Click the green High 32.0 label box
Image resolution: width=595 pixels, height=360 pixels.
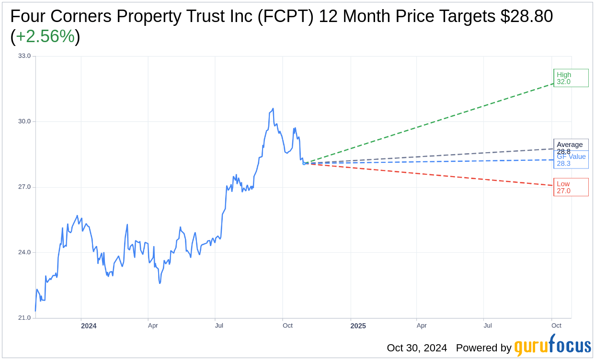tap(571, 78)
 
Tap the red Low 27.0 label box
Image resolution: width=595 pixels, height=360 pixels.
tap(571, 187)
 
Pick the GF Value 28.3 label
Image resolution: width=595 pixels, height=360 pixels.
tap(571, 160)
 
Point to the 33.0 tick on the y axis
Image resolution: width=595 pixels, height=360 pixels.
tap(24, 56)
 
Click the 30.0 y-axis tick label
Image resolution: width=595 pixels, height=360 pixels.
tap(24, 122)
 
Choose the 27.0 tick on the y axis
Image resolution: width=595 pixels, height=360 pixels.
tap(24, 187)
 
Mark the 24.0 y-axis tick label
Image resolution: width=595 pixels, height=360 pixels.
tap(24, 253)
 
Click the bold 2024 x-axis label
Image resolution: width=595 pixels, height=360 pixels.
tap(89, 326)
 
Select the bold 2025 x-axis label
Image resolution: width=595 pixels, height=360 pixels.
tap(358, 326)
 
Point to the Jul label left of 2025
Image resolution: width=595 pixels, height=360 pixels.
tap(219, 326)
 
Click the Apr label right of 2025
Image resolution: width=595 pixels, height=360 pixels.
tap(422, 326)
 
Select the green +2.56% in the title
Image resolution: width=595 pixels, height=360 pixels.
tap(45, 37)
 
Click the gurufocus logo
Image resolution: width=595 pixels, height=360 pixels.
tap(552, 347)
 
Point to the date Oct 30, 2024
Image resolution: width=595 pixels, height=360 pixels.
tap(417, 348)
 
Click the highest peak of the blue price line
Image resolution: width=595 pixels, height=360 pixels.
tap(273, 109)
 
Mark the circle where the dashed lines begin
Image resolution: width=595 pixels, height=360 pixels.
tap(304, 163)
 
